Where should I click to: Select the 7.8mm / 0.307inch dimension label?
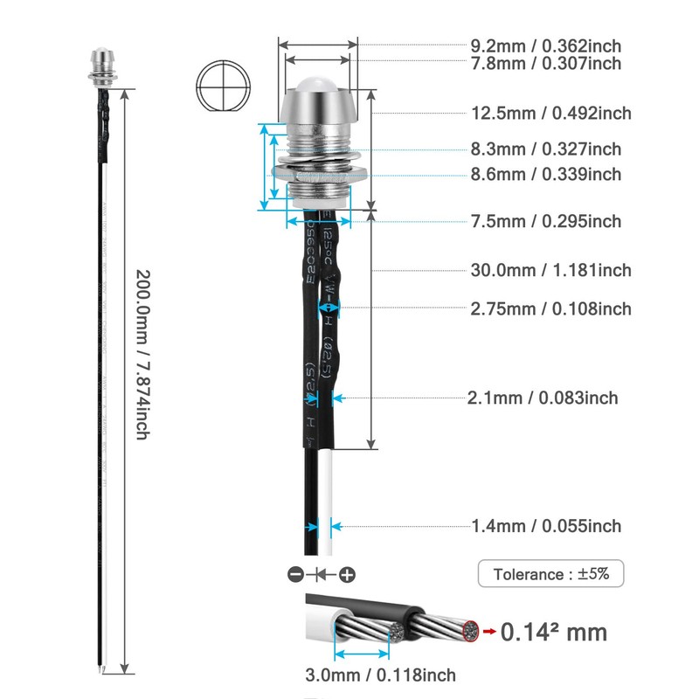(546, 64)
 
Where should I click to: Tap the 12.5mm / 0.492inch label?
(550, 114)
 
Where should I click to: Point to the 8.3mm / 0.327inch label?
(546, 149)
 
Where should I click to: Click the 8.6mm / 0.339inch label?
(546, 175)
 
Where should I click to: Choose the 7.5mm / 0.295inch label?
(546, 222)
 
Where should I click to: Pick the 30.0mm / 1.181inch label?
(550, 271)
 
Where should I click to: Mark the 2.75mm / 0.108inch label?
(550, 309)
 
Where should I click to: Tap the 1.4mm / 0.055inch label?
(546, 526)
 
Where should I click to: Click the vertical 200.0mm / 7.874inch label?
(143, 354)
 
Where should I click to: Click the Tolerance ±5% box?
(550, 574)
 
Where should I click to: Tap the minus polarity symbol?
(295, 575)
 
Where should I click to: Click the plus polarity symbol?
(347, 575)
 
